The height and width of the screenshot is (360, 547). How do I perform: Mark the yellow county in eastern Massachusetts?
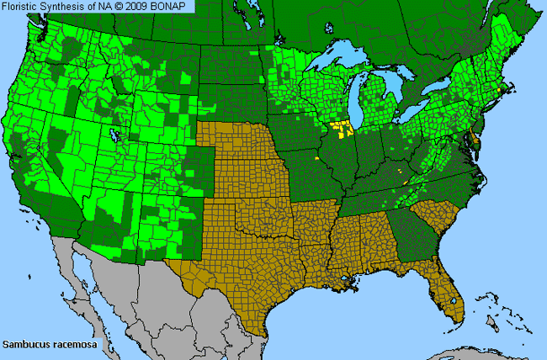click(x=504, y=88)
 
